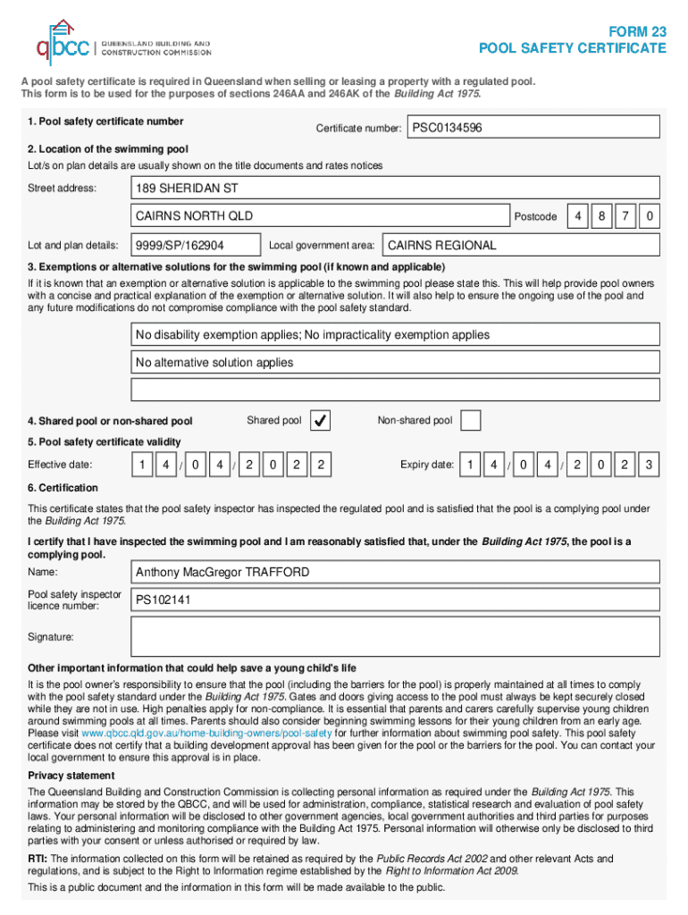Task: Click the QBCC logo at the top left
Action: tap(63, 42)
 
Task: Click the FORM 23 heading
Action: tap(635, 31)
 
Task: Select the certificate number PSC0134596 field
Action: tap(534, 129)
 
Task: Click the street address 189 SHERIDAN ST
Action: tap(395, 189)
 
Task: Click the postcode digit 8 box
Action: tap(604, 216)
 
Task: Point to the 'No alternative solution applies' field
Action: tap(395, 363)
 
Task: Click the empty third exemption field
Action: tap(395, 390)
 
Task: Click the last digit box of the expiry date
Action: tap(650, 465)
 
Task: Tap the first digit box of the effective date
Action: tap(141, 465)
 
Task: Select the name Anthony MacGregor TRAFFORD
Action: tap(395, 572)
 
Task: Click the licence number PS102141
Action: tap(395, 600)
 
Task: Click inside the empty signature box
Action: tap(395, 637)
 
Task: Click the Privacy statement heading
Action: tap(71, 776)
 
